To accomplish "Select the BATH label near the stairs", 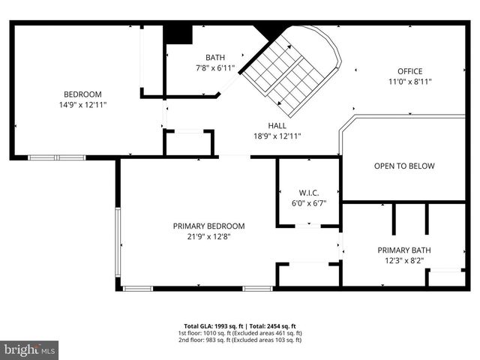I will point(215,57).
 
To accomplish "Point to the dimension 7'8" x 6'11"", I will point(215,68).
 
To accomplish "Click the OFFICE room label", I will point(410,71).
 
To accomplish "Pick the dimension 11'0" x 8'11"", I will point(410,82).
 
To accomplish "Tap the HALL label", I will point(277,125).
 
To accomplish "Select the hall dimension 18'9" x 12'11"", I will point(277,136).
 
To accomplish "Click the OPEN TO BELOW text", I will point(404,166).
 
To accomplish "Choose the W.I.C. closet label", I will point(309,193).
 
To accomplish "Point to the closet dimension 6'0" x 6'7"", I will point(309,203).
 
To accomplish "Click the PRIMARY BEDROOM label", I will point(208,226).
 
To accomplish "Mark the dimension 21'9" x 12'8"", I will point(208,237).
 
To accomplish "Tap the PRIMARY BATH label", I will point(404,250).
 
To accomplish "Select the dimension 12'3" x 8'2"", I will point(404,261).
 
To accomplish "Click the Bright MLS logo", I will point(30,349).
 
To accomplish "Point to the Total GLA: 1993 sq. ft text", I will point(214,326).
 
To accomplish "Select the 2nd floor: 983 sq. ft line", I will point(240,340).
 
